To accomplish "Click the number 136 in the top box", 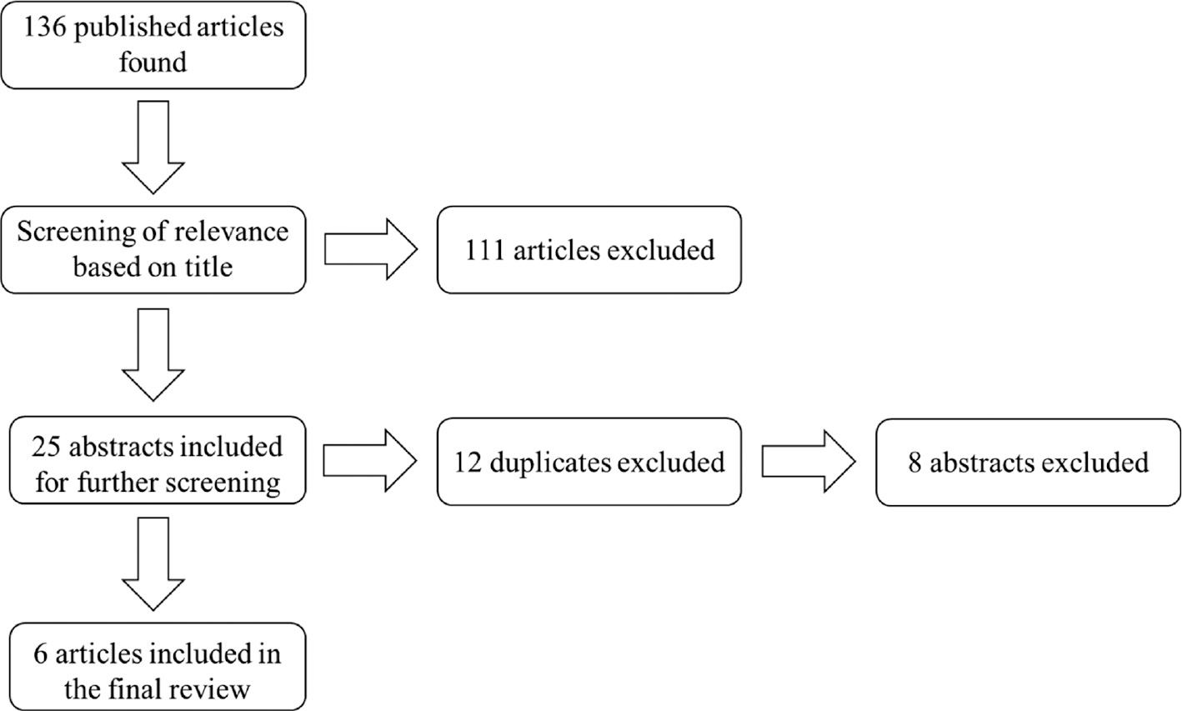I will pyautogui.click(x=46, y=27).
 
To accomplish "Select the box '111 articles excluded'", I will pyautogui.click(x=588, y=250).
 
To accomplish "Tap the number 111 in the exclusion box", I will pyautogui.click(x=484, y=250).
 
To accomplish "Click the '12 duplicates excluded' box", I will pyautogui.click(x=588, y=462).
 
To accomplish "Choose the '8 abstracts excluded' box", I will pyautogui.click(x=1028, y=462).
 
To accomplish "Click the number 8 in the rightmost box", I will pyautogui.click(x=915, y=462).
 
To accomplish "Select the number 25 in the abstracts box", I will pyautogui.click(x=48, y=447).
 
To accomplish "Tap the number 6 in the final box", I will pyautogui.click(x=42, y=654).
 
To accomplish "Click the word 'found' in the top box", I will pyautogui.click(x=153, y=62).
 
